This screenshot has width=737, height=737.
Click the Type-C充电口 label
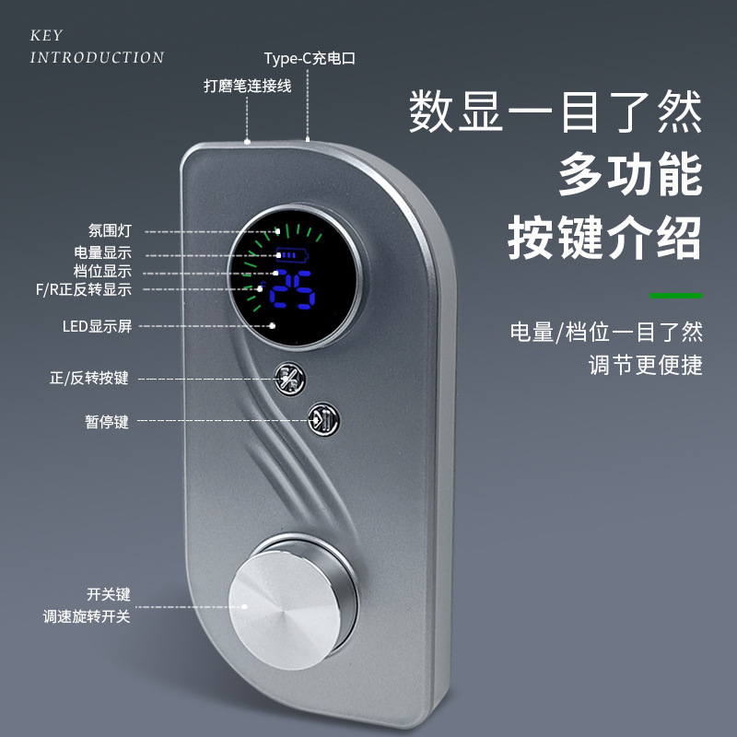coord(309,58)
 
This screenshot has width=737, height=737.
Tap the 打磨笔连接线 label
coord(247,87)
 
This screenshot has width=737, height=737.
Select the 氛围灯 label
coord(111,232)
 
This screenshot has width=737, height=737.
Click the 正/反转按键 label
coord(88,378)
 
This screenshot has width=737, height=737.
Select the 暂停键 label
coord(107,422)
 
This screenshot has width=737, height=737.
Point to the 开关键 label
coord(107,595)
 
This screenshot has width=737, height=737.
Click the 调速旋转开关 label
coord(87,616)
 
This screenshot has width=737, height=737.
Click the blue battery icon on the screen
coord(296,254)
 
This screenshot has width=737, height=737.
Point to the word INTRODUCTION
coord(97,57)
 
